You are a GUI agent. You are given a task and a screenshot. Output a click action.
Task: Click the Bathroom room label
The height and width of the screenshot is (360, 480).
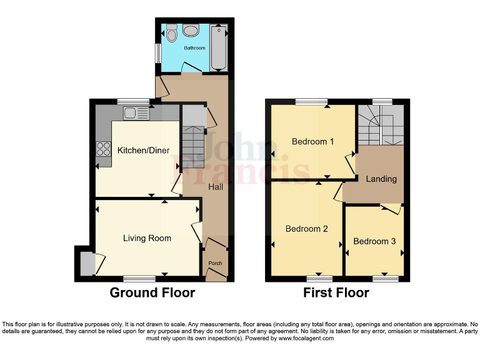point(194,47)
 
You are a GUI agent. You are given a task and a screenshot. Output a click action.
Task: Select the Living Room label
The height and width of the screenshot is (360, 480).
point(147,238)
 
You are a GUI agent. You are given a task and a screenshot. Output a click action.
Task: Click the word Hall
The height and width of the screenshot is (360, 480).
point(216,187)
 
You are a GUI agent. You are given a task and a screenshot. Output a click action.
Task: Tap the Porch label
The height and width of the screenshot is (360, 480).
point(215,263)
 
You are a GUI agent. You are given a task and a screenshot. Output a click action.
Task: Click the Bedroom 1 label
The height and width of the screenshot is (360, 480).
point(312,141)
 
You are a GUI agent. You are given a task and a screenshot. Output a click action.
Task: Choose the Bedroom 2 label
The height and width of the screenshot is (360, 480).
point(306,229)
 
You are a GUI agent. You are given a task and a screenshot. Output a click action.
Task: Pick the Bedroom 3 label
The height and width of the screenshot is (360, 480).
point(374,241)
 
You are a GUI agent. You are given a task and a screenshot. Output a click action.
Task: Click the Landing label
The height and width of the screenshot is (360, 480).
point(381,179)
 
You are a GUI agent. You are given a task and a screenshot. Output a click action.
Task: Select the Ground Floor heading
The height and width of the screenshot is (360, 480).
point(152,292)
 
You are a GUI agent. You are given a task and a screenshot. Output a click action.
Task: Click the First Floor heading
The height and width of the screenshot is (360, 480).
point(336,292)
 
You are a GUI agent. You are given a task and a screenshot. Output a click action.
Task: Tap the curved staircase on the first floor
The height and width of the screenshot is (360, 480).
point(379,125)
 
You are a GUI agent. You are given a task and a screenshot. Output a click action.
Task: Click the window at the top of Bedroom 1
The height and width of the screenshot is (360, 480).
point(311,101)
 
